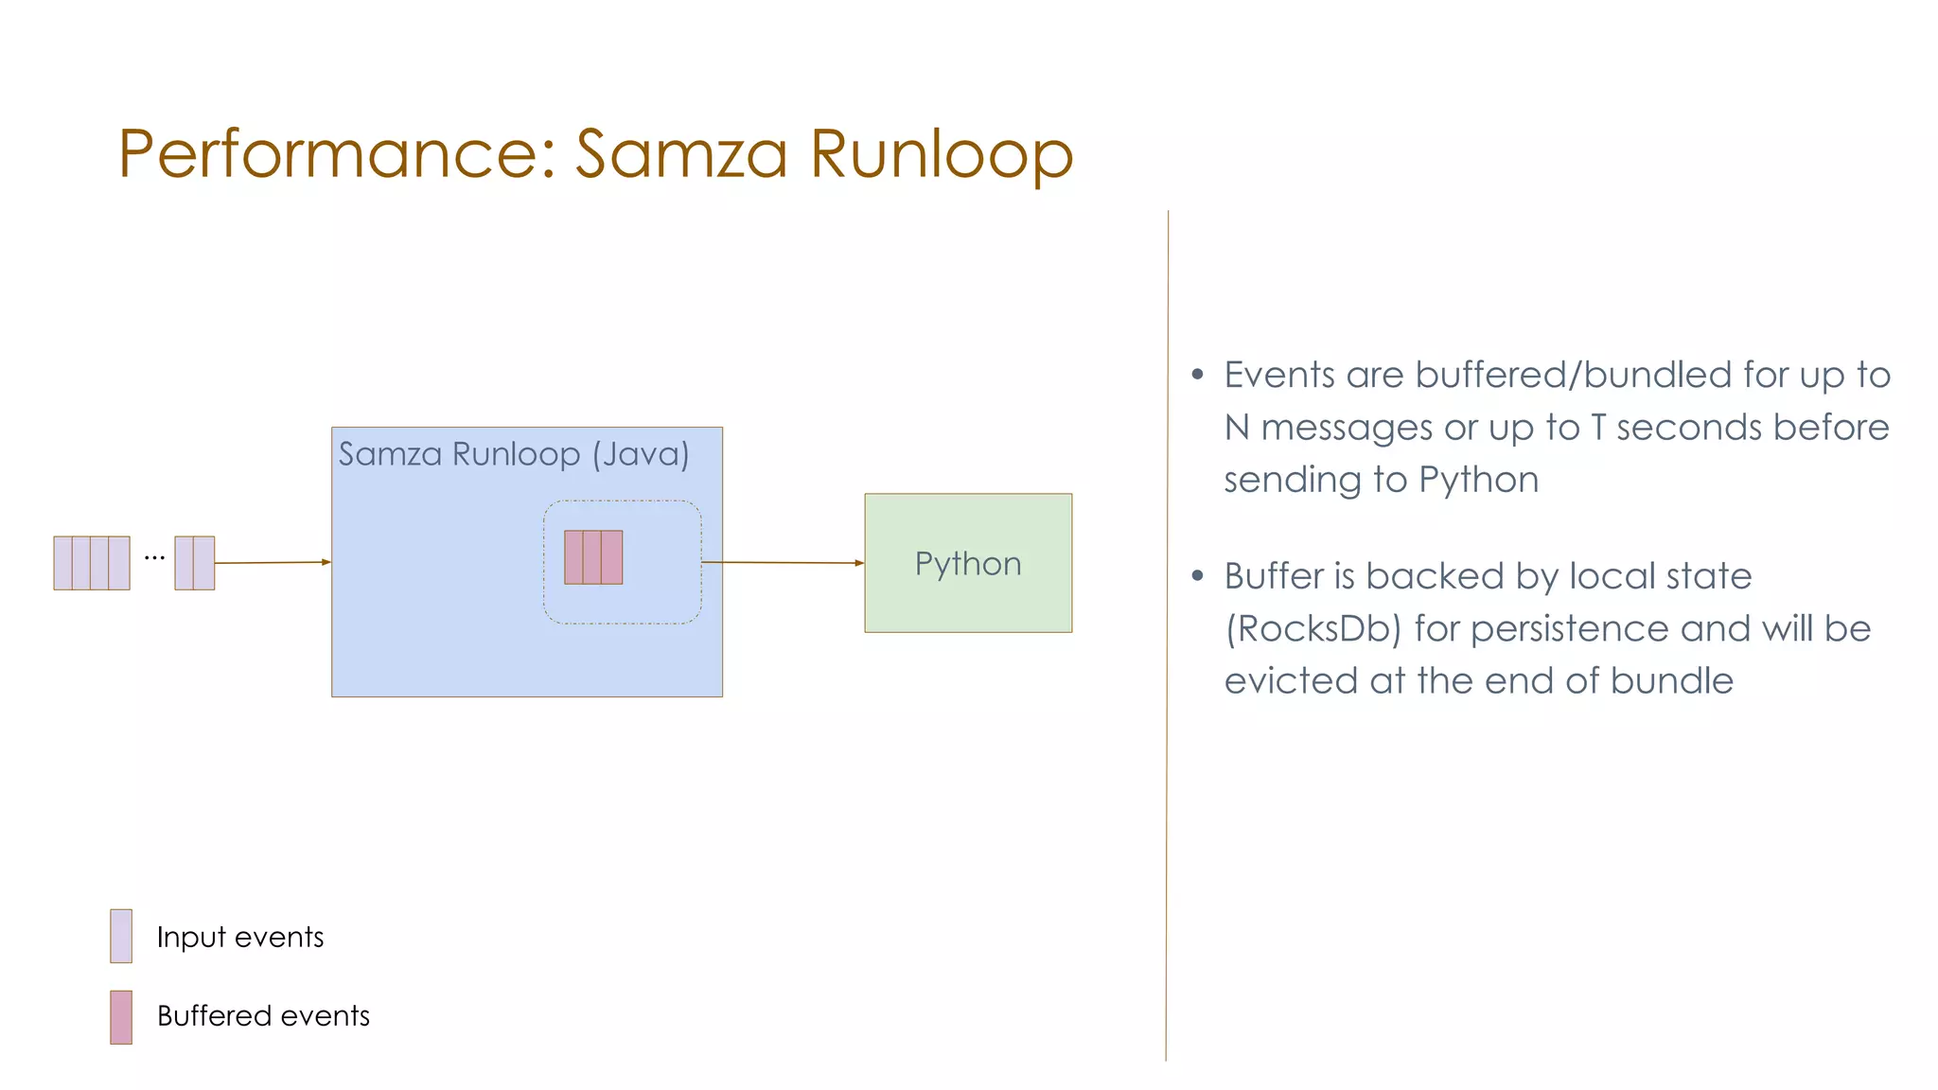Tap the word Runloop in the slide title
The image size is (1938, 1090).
coord(942,153)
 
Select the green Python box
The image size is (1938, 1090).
coord(968,563)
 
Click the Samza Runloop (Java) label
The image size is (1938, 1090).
coord(514,454)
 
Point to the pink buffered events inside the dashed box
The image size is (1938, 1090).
coord(593,557)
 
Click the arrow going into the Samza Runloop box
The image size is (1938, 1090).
coord(273,563)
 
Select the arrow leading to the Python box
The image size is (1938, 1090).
coord(783,563)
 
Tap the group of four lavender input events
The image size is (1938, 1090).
coord(92,563)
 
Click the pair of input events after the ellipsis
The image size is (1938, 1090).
coord(195,563)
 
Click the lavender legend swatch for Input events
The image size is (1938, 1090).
coord(121,936)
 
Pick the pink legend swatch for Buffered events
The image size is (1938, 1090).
coord(121,1017)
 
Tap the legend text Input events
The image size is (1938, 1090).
coord(240,937)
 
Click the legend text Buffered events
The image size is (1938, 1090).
coord(263,1016)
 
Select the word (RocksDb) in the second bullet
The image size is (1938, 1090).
coord(1313,629)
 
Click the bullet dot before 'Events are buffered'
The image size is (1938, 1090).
coord(1198,375)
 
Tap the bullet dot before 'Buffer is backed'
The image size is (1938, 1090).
coord(1198,575)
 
